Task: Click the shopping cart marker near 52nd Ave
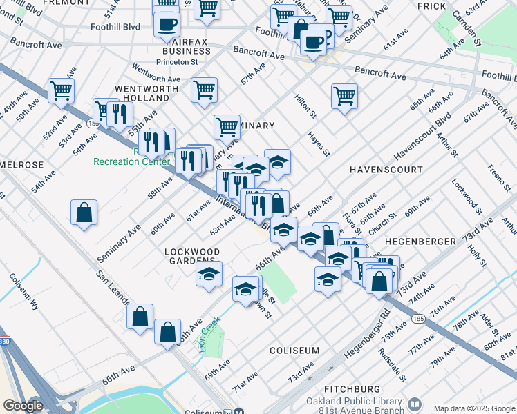tap(62, 89)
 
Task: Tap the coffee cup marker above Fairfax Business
tap(167, 26)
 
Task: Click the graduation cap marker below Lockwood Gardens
tap(209, 274)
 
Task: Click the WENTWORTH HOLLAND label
tap(142, 94)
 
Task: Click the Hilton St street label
tap(305, 106)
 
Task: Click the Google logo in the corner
tap(23, 406)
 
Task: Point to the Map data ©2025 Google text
tap(473, 408)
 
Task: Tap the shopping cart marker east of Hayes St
tap(344, 97)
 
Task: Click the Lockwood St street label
tap(466, 195)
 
